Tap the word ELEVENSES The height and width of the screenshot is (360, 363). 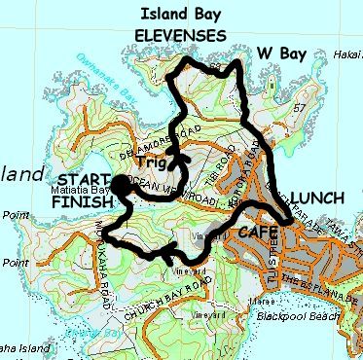181,36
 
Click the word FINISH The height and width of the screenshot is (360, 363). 82,203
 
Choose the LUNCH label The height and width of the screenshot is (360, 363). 316,196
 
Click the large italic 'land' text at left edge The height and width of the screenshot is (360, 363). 23,175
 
